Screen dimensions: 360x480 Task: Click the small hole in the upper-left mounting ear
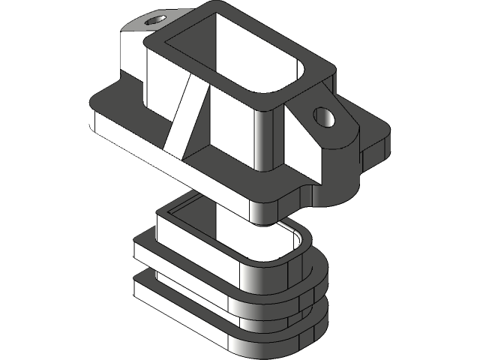coord(157,17)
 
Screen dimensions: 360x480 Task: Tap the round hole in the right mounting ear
coord(324,116)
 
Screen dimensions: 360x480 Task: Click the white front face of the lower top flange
coord(187,259)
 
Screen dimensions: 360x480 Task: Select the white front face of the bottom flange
coord(187,300)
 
